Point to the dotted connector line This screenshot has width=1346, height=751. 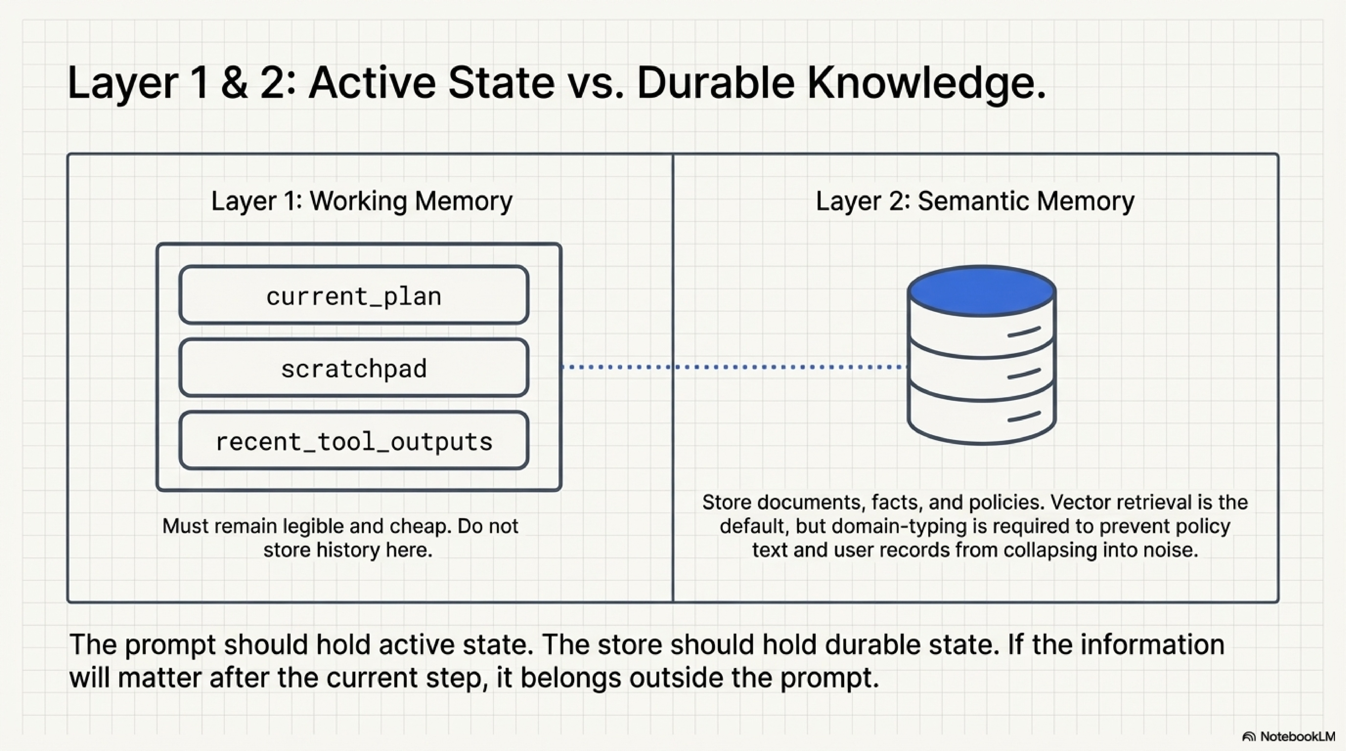[x=731, y=367]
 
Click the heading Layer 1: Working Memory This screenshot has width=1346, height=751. [x=361, y=201]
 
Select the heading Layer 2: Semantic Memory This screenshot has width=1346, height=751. [x=975, y=201]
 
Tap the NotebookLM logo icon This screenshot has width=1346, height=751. [x=1249, y=737]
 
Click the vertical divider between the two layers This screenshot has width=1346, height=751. [x=673, y=470]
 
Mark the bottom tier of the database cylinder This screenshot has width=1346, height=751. [x=981, y=418]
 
